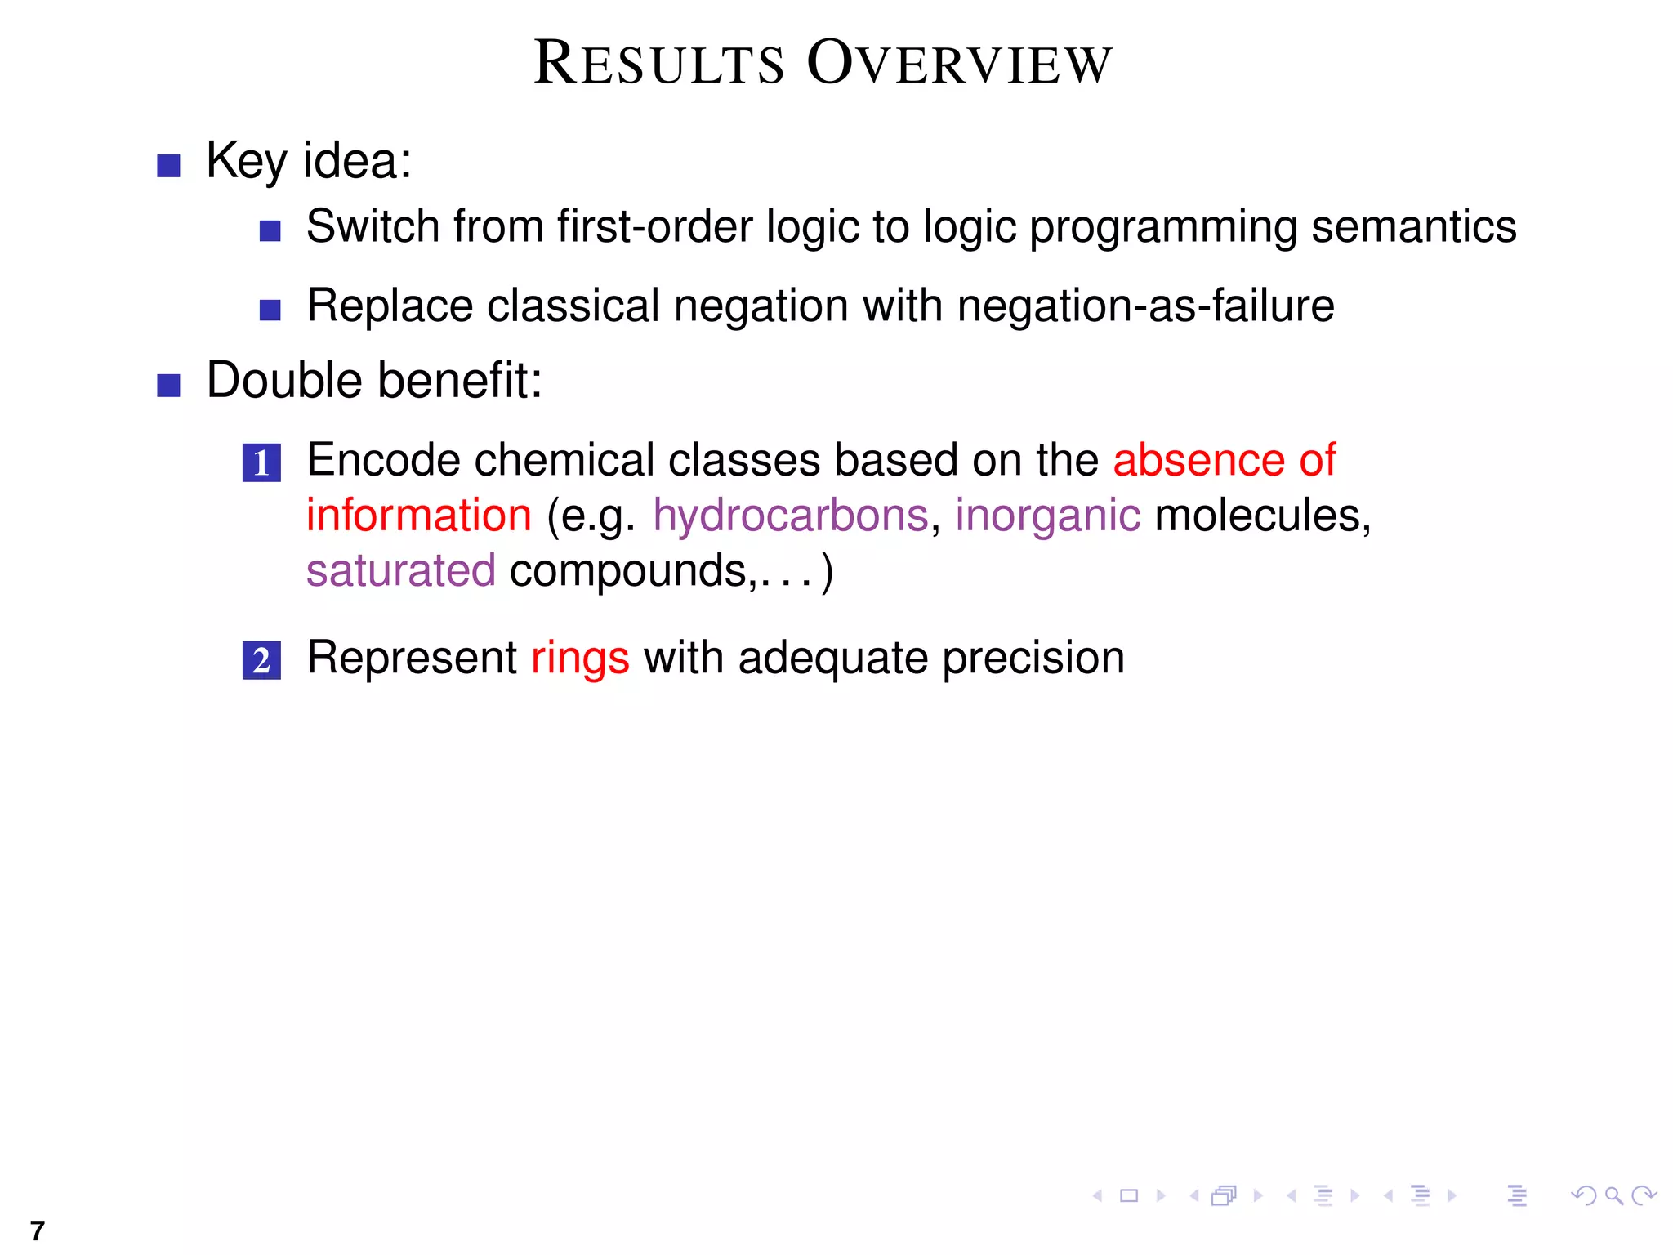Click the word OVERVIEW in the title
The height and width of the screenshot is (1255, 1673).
click(x=959, y=63)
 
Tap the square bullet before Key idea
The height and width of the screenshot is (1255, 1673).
click(x=168, y=166)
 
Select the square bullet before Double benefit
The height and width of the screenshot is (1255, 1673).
click(x=168, y=385)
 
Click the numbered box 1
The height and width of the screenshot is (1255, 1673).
click(x=261, y=462)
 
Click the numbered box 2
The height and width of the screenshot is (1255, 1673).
click(x=261, y=660)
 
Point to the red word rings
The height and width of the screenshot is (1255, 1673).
click(x=580, y=659)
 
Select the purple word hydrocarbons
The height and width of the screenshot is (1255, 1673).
click(x=790, y=516)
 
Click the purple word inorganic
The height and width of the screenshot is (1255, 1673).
click(x=1047, y=516)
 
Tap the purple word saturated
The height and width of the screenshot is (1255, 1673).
click(x=400, y=570)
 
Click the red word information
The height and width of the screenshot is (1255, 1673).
click(x=418, y=516)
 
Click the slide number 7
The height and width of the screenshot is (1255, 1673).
click(x=37, y=1230)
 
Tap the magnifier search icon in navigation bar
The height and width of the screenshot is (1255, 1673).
click(x=1613, y=1196)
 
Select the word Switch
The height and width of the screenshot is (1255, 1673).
click(x=373, y=226)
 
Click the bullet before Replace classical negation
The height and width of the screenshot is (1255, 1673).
click(x=270, y=310)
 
